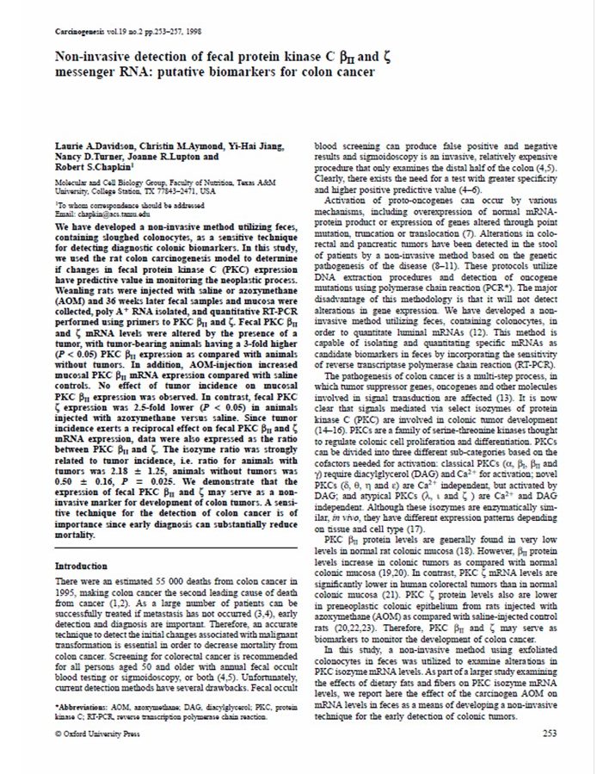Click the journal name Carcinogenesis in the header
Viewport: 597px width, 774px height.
(x=77, y=31)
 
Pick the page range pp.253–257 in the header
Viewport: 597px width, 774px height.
(x=148, y=31)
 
